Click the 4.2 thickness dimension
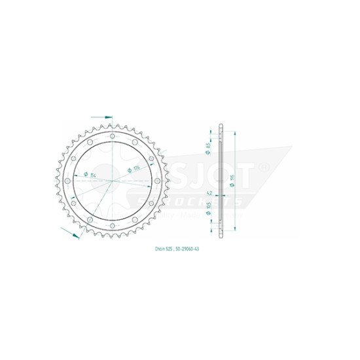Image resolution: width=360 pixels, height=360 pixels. tap(209, 194)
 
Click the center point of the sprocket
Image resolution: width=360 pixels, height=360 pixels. tap(113, 179)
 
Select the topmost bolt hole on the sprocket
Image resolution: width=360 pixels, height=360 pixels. tap(113, 137)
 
